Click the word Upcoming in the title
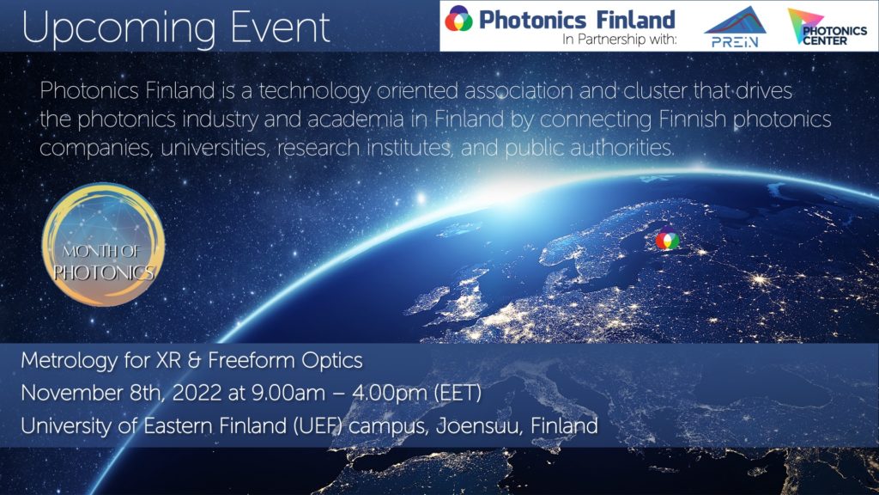tap(118, 28)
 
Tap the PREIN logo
tap(735, 27)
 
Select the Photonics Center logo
tap(827, 27)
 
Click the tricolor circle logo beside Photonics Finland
tap(458, 19)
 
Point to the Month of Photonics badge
tap(104, 245)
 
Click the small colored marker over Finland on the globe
tap(667, 241)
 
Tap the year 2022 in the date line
tap(197, 393)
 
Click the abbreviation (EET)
tap(458, 393)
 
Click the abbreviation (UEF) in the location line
tap(318, 426)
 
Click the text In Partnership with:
tap(620, 40)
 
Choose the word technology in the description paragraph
tap(314, 91)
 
